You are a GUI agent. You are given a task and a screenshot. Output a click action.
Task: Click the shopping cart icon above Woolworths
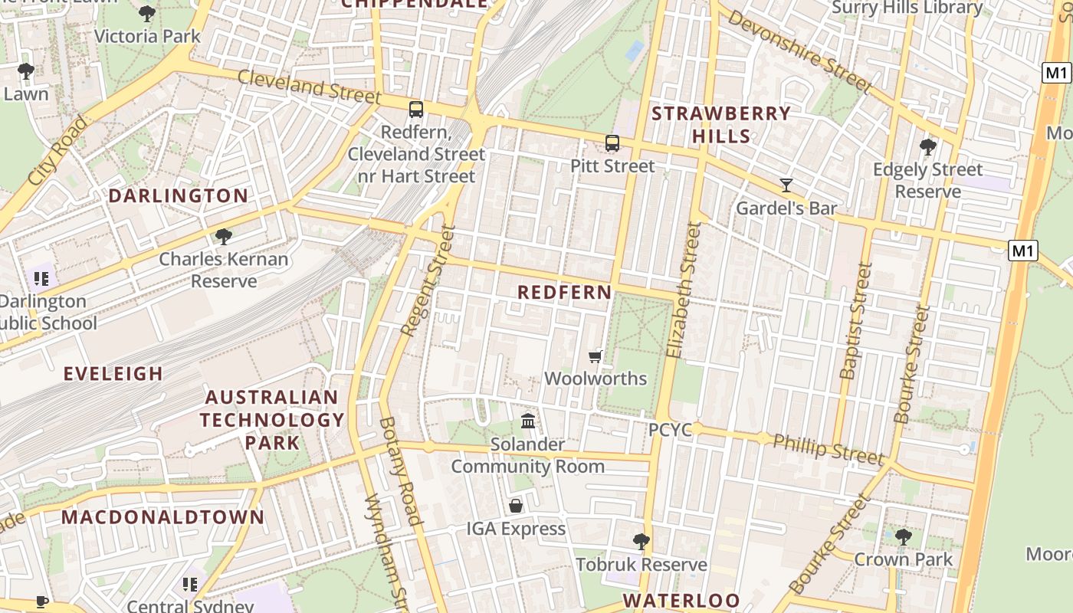595,356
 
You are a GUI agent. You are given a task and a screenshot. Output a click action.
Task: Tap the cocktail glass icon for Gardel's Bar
786,185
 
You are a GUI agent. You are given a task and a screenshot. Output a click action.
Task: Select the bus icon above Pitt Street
612,143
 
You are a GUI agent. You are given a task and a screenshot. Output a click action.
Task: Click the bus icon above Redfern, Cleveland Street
416,110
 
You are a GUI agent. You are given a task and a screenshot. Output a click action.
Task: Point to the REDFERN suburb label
565,293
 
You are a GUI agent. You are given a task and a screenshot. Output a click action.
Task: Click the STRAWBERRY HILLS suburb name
720,125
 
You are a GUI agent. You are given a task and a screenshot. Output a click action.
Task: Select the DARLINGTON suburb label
178,196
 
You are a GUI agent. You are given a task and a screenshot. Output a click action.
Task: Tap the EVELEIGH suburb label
113,374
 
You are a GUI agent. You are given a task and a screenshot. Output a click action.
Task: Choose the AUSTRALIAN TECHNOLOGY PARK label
272,420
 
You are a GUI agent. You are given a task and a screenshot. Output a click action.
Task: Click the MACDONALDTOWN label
162,517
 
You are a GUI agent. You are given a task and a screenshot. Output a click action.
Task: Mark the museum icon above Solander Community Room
528,421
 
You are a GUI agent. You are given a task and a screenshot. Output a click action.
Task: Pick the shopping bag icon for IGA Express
516,506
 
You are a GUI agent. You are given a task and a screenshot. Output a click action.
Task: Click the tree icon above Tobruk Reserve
642,542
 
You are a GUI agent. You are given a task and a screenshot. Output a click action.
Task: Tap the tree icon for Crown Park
903,536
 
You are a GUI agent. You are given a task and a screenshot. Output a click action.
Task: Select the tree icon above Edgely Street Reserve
927,146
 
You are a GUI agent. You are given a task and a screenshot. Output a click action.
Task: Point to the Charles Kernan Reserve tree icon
224,236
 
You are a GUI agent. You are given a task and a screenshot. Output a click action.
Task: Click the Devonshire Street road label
799,51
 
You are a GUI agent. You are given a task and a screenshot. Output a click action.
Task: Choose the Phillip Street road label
828,448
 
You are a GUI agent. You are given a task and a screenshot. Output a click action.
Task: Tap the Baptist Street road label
857,321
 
